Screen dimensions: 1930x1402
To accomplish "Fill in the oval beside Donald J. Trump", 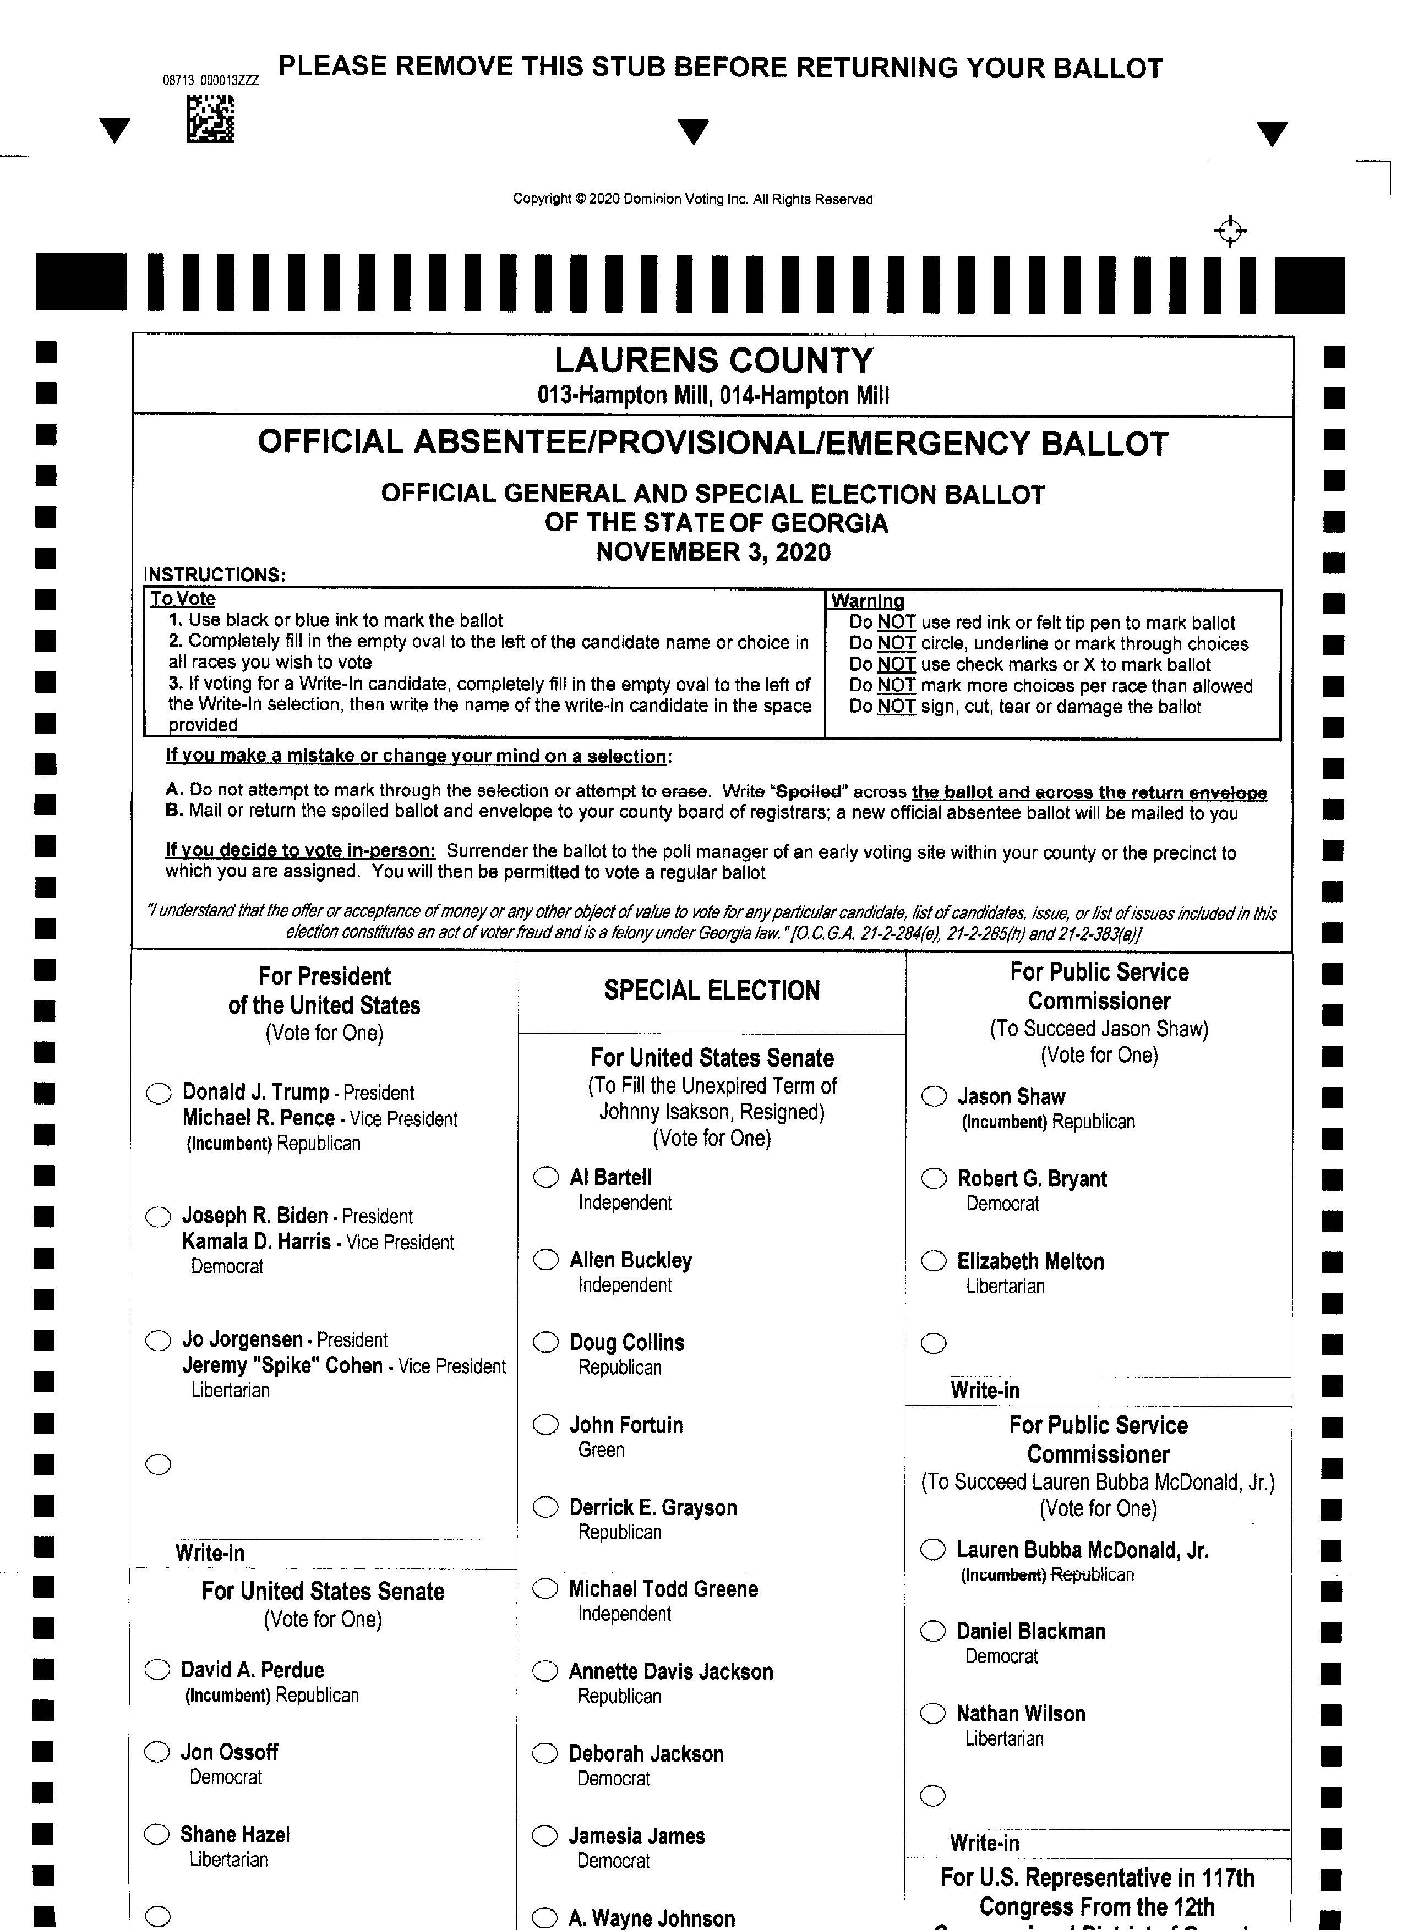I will pos(159,1094).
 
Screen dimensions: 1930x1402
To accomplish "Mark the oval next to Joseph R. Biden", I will pos(159,1217).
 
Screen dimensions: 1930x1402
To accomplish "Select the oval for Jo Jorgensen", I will pos(159,1341).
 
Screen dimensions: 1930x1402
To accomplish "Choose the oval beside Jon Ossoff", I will pos(157,1752).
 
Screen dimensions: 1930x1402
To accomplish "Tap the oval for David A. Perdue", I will pos(157,1670).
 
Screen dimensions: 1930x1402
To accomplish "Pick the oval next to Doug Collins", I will pos(545,1342).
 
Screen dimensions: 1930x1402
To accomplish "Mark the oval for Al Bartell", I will pos(545,1177).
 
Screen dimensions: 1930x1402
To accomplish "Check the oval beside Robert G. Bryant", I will pos(934,1179).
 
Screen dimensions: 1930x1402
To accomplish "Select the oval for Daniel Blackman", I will pos(933,1631).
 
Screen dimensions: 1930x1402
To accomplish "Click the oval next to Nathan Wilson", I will pos(933,1713).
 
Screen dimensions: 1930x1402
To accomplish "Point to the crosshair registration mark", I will pos(1230,231).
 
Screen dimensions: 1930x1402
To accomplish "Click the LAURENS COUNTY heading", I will pos(713,361).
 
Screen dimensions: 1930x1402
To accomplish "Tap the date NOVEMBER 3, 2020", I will pos(713,553).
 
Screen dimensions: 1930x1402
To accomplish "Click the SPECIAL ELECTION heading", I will pos(712,991).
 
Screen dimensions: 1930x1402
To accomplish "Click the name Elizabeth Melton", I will pos(1030,1261).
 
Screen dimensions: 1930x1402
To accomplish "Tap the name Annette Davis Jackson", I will pos(671,1671).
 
